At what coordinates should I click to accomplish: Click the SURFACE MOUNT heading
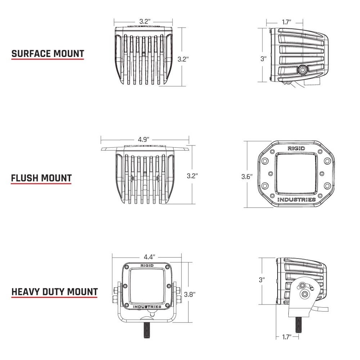48,54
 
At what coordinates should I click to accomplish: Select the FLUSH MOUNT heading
41,178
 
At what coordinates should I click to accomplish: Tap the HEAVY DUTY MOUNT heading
55,291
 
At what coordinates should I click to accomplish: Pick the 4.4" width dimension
149,257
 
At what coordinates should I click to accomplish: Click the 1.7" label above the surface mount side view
287,22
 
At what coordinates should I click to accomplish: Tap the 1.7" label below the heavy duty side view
287,337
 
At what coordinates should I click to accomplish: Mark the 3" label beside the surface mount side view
264,59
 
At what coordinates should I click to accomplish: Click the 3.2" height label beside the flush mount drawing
193,176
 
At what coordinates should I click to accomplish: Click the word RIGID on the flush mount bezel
296,148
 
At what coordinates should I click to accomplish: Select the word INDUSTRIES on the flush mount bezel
297,199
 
